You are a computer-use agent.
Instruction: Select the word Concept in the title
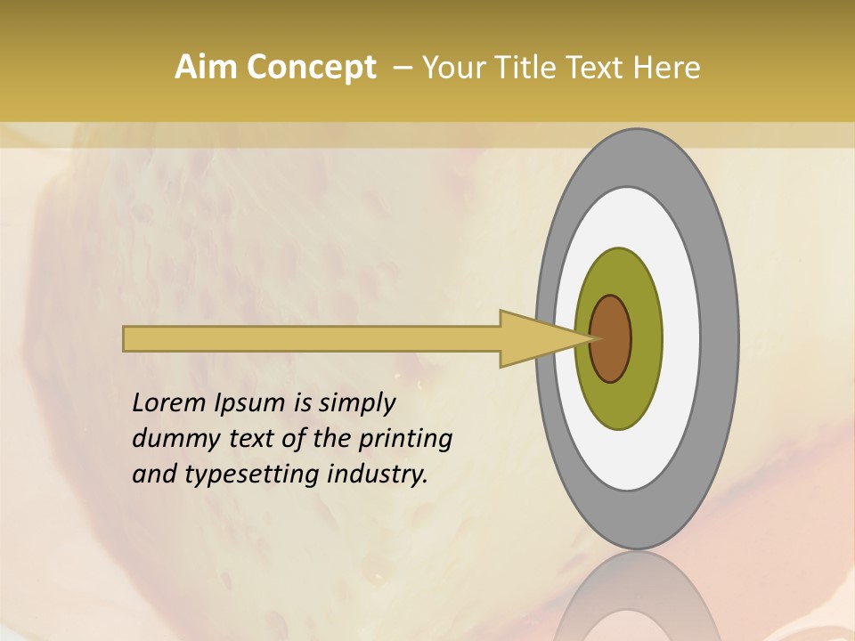[x=312, y=68]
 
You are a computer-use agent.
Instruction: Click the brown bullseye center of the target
[x=611, y=338]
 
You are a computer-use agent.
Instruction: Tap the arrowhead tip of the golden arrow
[x=595, y=338]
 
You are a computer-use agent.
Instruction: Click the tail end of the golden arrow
[x=126, y=338]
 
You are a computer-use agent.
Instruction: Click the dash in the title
[x=402, y=68]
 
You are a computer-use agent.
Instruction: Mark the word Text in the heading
[x=596, y=68]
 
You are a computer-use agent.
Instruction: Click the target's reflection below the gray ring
[x=636, y=596]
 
